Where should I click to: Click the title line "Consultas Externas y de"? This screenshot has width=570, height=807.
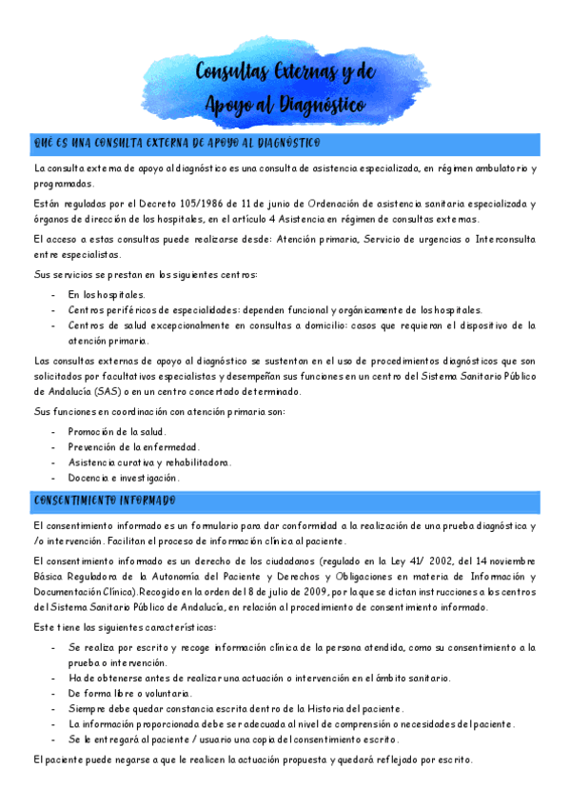click(x=285, y=71)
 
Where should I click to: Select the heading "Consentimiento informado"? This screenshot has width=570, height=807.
click(x=105, y=500)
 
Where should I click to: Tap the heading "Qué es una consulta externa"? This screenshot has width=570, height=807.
click(x=176, y=143)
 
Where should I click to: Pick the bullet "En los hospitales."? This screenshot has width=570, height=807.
click(x=106, y=294)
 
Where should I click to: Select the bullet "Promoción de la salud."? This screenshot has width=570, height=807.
click(x=117, y=431)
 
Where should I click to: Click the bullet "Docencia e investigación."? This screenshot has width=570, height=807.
click(x=124, y=477)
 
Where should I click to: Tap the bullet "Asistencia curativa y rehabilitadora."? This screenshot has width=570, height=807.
click(x=148, y=462)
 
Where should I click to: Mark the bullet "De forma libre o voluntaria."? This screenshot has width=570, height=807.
click(x=129, y=694)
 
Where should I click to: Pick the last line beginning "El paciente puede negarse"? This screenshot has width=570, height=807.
click(x=252, y=760)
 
